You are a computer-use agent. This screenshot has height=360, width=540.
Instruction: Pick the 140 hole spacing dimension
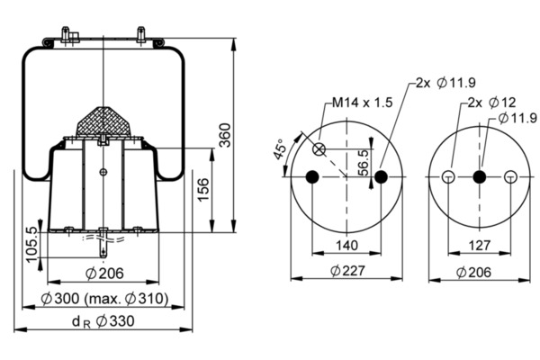tap(346, 243)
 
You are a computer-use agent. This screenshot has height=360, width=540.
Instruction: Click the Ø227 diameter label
tap(347, 270)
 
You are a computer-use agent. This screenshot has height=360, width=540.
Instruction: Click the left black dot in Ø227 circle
tap(312, 176)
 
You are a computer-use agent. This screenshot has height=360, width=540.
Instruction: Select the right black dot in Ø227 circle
tap(381, 176)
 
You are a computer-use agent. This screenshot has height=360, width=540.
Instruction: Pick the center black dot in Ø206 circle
tap(479, 176)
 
